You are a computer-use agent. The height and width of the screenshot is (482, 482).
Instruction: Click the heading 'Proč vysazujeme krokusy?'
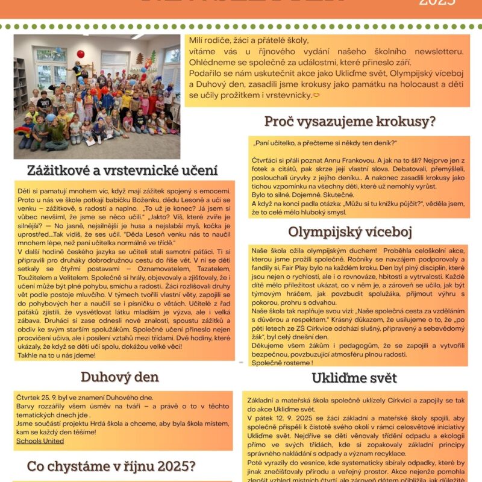[349, 121]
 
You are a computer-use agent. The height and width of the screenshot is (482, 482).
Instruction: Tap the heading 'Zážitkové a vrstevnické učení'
[122, 170]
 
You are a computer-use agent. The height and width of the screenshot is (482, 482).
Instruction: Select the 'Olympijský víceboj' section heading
[349, 232]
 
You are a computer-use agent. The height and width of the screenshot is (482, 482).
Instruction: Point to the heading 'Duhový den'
[120, 377]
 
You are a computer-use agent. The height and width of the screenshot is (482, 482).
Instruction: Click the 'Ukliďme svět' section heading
[354, 378]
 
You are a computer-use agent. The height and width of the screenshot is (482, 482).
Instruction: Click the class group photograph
[96, 96]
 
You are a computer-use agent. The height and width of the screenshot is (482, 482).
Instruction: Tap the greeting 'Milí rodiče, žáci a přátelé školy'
[249, 40]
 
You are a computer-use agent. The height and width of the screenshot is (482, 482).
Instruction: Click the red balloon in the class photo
[80, 54]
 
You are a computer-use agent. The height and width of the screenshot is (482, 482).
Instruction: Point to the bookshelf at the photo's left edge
[20, 84]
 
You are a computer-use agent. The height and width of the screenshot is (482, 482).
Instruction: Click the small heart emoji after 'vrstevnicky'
[316, 95]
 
